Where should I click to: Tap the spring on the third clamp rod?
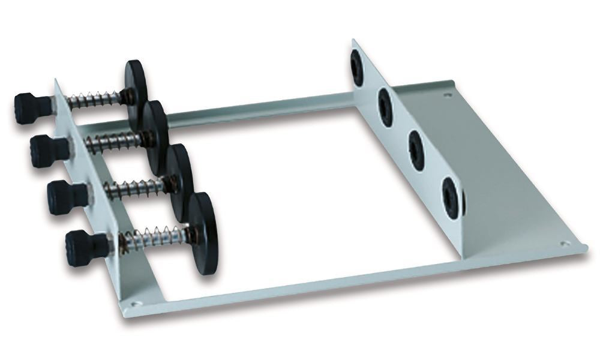[135, 188]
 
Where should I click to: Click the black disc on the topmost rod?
[137, 84]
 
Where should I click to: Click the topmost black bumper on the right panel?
[358, 68]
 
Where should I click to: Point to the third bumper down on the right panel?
[416, 151]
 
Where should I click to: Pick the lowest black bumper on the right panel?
[451, 196]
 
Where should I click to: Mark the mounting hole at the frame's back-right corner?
[446, 94]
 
